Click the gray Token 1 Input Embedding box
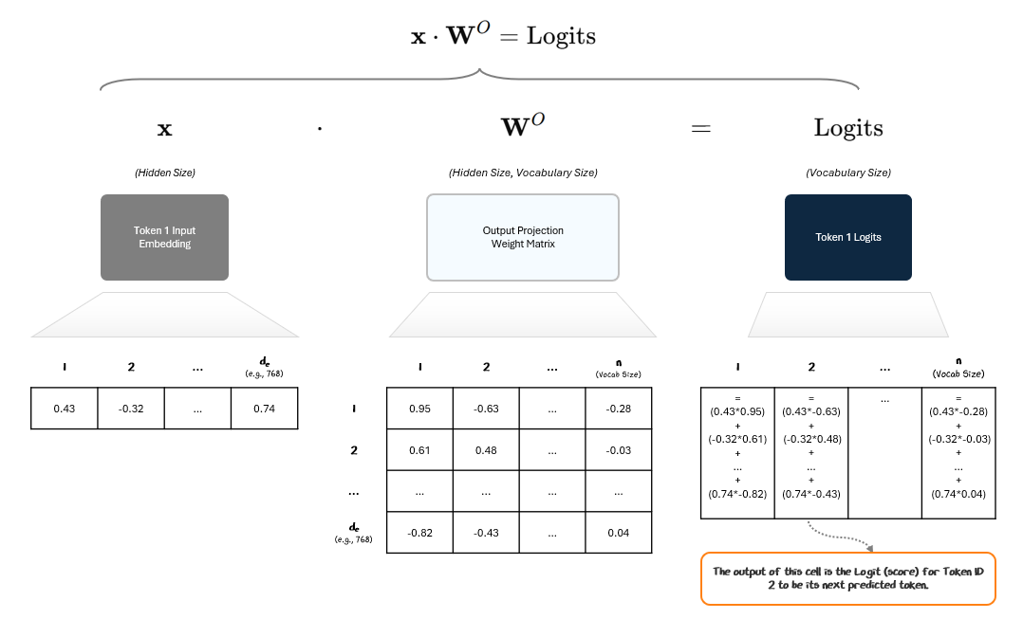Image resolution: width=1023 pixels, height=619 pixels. (x=164, y=237)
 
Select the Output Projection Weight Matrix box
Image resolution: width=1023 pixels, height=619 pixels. (x=523, y=237)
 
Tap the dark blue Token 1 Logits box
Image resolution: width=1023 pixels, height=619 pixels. (x=847, y=237)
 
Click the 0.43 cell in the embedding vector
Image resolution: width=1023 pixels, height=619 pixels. (x=65, y=409)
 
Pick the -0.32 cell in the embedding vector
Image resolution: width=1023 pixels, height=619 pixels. (x=131, y=409)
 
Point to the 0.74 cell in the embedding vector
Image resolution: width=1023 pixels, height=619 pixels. (x=264, y=409)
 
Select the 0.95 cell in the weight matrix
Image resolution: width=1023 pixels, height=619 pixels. (x=419, y=409)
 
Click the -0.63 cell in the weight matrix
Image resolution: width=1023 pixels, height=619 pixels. (x=486, y=409)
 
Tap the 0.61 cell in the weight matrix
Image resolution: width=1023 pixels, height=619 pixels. (x=419, y=450)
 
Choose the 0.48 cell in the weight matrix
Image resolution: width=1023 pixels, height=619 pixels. (x=486, y=450)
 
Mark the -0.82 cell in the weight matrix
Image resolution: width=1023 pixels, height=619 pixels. (x=419, y=533)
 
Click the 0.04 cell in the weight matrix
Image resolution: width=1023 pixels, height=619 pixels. (x=619, y=533)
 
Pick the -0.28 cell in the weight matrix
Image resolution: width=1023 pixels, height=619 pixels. (x=619, y=409)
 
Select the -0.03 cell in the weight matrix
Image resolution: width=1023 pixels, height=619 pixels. (x=619, y=450)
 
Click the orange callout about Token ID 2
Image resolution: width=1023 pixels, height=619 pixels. (x=847, y=578)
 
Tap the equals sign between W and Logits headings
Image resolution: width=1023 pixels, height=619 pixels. (x=700, y=129)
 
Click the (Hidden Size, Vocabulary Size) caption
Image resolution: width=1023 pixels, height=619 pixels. (x=523, y=173)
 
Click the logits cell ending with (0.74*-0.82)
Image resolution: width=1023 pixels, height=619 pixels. (x=737, y=452)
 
